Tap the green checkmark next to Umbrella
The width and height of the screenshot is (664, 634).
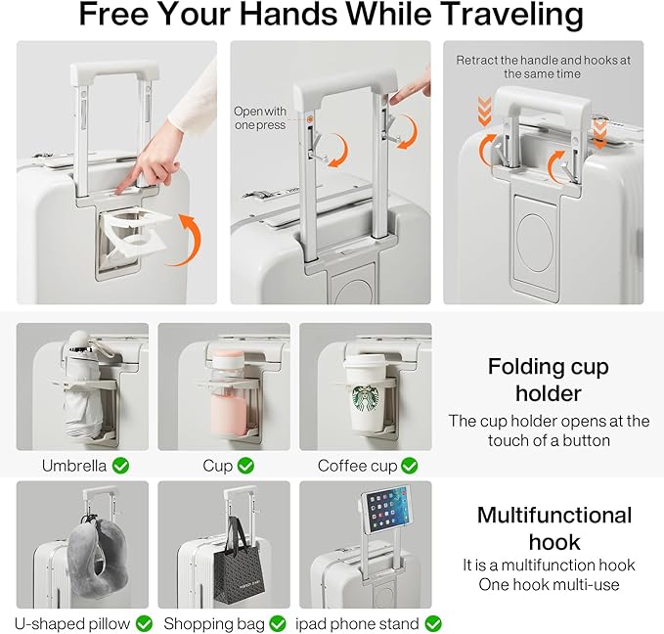[x=120, y=466]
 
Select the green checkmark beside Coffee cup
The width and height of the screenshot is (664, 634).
[x=409, y=466]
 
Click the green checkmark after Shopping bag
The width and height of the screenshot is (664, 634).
[x=278, y=624]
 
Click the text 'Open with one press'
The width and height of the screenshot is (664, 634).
[x=260, y=118]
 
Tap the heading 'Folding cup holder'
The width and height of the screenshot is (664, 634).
[x=549, y=381]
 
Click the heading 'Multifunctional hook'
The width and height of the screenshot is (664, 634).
[x=554, y=529]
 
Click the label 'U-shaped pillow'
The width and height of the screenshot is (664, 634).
[x=72, y=624]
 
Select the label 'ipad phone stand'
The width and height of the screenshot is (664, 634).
[x=357, y=624]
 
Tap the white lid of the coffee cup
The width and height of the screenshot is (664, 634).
[x=366, y=363]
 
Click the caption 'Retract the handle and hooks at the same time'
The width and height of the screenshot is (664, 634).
[x=543, y=67]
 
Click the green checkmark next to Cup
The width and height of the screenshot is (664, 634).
[x=245, y=466]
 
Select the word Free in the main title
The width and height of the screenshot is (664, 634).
[x=113, y=14]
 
